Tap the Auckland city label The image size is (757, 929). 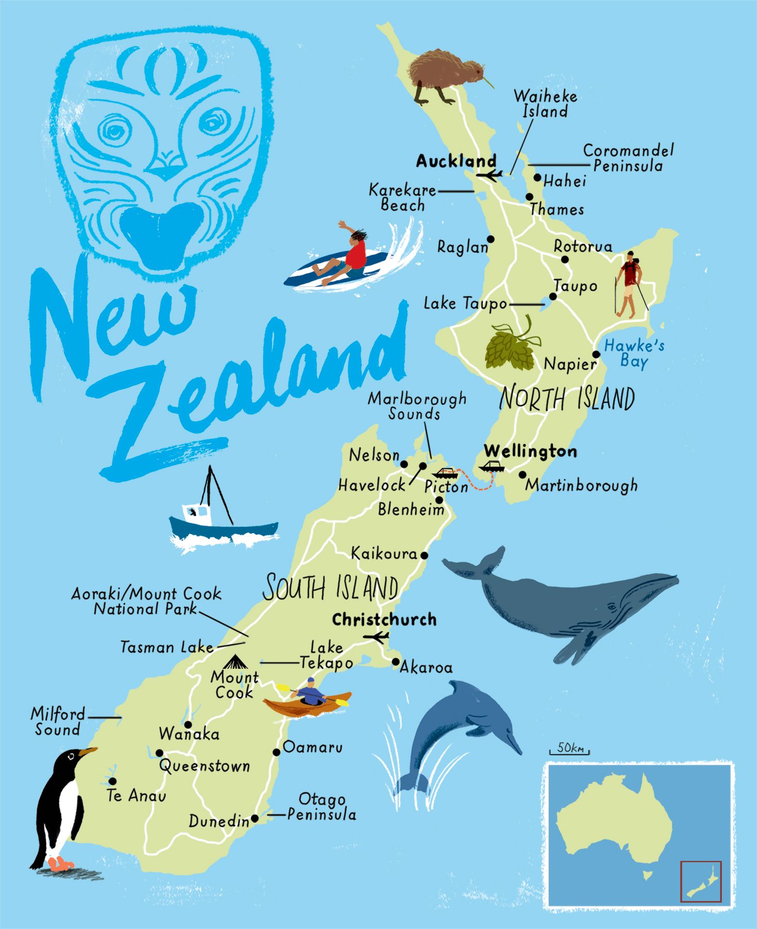tap(456, 162)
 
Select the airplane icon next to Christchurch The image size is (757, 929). tap(376, 637)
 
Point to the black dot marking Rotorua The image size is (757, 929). tap(565, 260)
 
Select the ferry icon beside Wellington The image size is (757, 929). tap(491, 467)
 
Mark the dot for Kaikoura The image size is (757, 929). tap(424, 556)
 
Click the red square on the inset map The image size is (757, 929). tap(701, 882)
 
